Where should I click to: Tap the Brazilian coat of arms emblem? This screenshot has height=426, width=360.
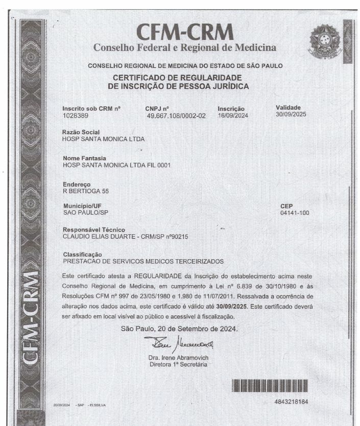point(324,41)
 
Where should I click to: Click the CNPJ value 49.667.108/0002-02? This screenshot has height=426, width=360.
point(176,116)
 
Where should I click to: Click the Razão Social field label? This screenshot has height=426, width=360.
point(81,132)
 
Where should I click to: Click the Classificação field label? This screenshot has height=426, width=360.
point(82,254)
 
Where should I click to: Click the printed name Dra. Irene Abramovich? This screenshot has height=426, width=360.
point(178,358)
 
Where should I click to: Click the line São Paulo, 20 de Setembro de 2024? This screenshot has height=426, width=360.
point(179,329)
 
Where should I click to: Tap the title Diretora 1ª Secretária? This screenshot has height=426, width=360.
point(178,364)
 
